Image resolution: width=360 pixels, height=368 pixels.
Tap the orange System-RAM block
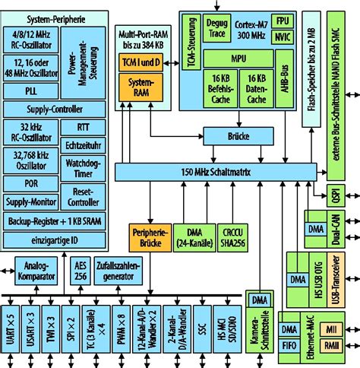141,86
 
